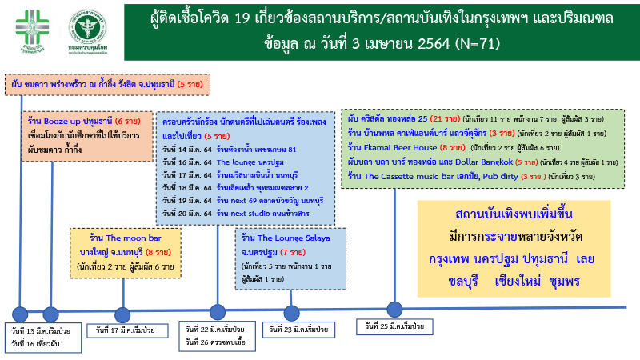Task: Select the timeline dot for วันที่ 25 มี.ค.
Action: pos(394,309)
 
